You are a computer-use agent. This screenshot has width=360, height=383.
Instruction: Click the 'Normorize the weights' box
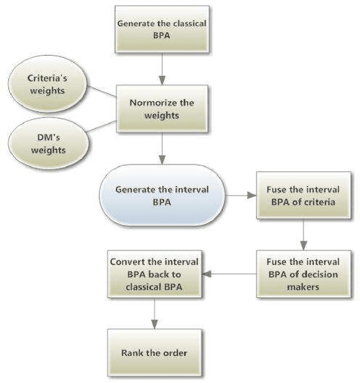(161, 108)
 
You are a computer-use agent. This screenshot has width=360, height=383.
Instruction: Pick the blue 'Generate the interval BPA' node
(161, 196)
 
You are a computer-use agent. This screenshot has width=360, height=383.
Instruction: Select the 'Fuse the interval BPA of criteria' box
(303, 196)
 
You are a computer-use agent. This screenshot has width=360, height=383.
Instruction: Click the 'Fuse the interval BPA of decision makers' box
(303, 274)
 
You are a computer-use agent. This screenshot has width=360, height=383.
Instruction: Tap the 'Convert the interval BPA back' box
(154, 274)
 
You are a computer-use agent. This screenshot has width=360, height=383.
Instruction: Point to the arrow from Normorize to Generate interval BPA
(161, 150)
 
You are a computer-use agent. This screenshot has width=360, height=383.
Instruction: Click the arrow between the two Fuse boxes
(303, 235)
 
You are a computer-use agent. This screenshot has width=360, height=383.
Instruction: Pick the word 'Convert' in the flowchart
(128, 262)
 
